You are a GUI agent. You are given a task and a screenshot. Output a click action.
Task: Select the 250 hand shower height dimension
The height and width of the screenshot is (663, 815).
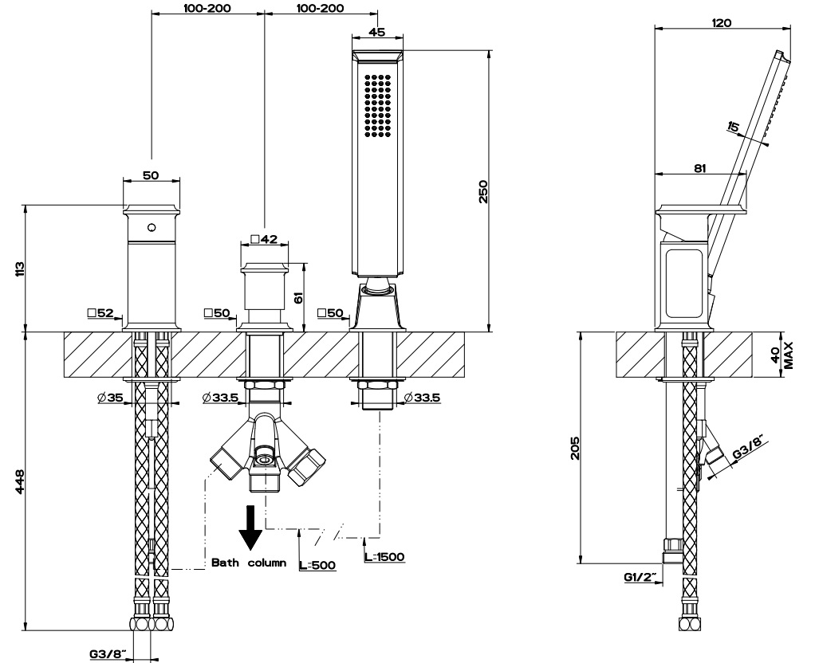tap(482, 191)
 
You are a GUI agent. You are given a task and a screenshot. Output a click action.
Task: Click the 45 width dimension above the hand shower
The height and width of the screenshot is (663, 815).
tap(378, 33)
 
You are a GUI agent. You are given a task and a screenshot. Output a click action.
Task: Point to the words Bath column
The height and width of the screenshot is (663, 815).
tap(249, 563)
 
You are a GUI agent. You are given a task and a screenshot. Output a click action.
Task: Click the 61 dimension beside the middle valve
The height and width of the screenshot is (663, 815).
tap(299, 297)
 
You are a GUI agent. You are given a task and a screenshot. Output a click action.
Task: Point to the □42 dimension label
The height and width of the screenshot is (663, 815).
tap(262, 238)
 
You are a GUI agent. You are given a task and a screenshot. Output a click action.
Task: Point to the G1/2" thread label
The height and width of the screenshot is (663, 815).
tap(640, 576)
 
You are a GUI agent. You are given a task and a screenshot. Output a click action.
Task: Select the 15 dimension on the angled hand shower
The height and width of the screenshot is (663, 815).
tap(733, 127)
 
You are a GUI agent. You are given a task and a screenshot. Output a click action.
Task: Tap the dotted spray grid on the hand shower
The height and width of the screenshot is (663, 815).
tap(377, 104)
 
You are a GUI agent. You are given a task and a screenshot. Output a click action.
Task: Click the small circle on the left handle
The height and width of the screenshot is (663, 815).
tap(152, 228)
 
